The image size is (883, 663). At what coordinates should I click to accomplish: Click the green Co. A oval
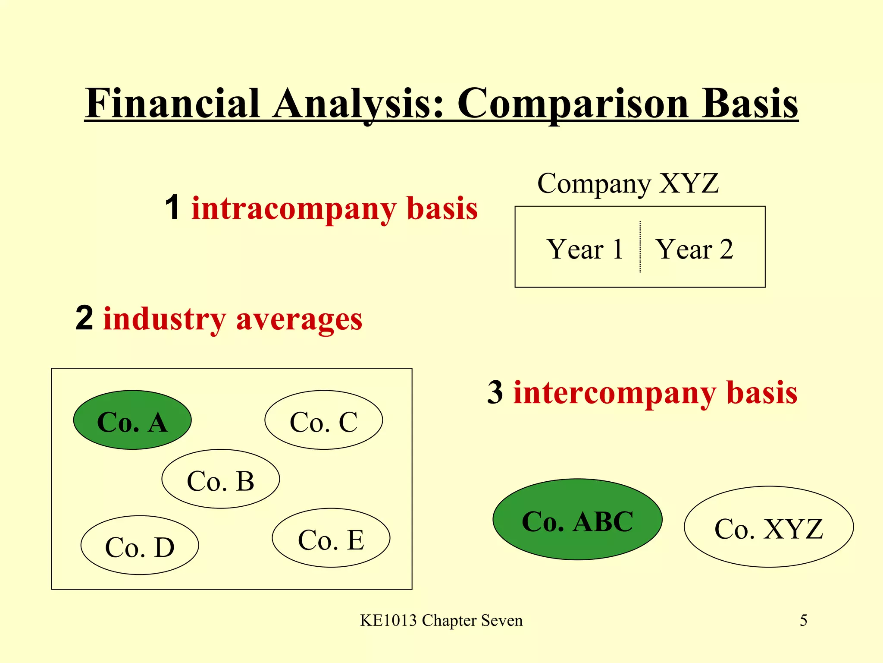132,420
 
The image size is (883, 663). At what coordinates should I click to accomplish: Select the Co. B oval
221,479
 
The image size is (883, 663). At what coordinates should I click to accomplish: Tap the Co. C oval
323,420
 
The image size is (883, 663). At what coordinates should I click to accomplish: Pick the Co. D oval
140,545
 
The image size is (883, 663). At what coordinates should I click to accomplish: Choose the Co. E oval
331,538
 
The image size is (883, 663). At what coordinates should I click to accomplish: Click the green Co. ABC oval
577,519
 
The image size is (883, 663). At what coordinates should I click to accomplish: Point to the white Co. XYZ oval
768,527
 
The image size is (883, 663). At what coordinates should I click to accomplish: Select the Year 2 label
694,249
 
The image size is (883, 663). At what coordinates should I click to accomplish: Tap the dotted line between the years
640,247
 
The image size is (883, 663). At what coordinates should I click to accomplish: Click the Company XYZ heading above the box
628,184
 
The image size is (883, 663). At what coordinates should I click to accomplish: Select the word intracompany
293,209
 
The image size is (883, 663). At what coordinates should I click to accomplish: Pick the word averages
299,319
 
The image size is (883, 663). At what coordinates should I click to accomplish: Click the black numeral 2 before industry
84,318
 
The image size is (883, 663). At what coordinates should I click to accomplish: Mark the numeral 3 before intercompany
495,392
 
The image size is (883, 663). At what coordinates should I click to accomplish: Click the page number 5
803,621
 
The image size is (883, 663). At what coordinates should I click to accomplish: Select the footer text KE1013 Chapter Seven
441,621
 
